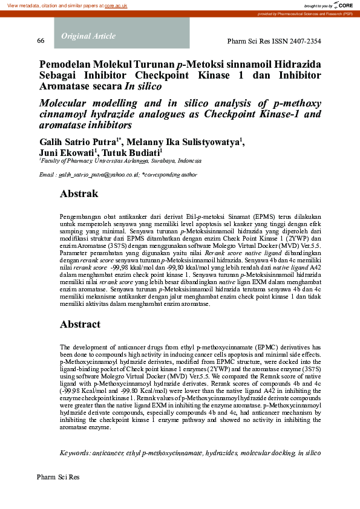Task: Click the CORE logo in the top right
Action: pyautogui.click(x=345, y=5)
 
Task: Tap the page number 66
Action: pyautogui.click(x=41, y=41)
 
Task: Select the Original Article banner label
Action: pyautogui.click(x=88, y=36)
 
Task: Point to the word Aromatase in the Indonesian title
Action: pyautogui.click(x=65, y=86)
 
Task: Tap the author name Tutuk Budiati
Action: pyautogui.click(x=134, y=153)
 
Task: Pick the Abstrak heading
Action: pyautogui.click(x=79, y=195)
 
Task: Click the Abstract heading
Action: pyautogui.click(x=80, y=325)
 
